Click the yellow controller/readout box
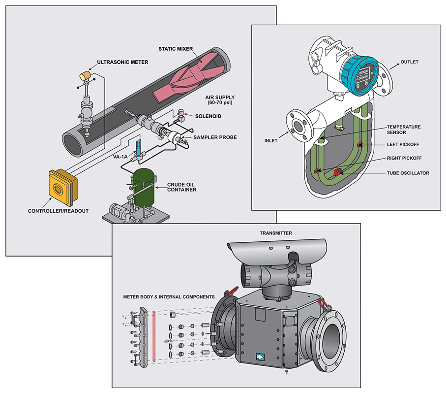point(61,188)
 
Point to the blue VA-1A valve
point(139,148)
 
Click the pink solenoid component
point(180,114)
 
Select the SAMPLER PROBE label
point(215,137)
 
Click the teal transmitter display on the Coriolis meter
point(363,74)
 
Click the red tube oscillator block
point(338,172)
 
